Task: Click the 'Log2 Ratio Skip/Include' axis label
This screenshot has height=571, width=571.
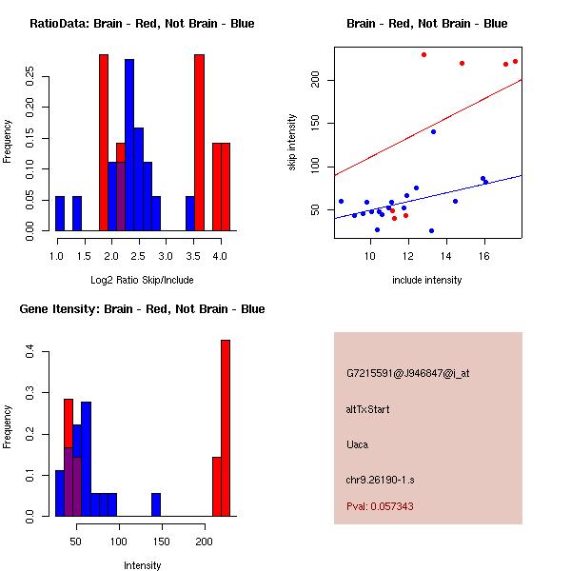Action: [x=142, y=280]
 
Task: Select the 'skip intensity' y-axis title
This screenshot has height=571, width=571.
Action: [x=292, y=143]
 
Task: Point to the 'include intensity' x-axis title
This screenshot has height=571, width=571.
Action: [x=426, y=280]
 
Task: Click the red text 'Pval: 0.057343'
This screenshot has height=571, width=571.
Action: [x=380, y=506]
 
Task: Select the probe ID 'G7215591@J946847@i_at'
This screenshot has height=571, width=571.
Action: [x=407, y=373]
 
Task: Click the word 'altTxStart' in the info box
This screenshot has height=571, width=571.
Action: [x=368, y=409]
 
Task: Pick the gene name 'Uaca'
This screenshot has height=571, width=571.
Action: [x=357, y=443]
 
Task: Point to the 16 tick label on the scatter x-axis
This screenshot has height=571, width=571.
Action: [x=484, y=257]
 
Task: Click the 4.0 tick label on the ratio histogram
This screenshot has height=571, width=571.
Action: [x=221, y=257]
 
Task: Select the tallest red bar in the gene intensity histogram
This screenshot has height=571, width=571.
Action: [x=226, y=428]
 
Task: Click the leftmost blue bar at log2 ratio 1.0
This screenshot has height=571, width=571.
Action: [x=60, y=213]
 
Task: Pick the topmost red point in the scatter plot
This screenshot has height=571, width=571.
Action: [x=423, y=54]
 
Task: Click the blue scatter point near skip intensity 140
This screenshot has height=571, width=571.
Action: [x=433, y=131]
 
